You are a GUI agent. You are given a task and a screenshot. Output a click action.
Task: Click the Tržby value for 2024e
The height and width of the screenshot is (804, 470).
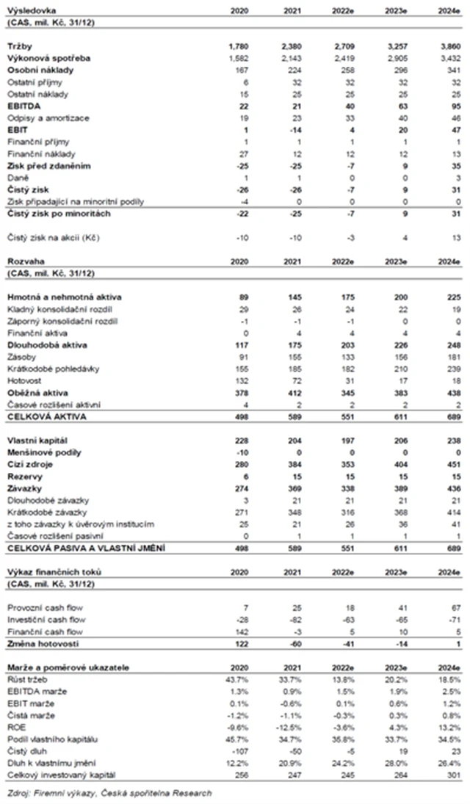451,46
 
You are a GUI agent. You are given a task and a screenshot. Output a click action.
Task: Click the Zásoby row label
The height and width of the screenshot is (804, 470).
21,358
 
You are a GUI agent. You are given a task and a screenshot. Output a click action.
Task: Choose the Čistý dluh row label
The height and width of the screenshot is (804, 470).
26,750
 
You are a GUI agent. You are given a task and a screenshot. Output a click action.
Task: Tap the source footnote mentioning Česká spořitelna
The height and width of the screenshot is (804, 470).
108,792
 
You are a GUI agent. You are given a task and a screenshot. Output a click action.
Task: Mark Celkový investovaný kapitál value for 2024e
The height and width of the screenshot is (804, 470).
451,775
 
